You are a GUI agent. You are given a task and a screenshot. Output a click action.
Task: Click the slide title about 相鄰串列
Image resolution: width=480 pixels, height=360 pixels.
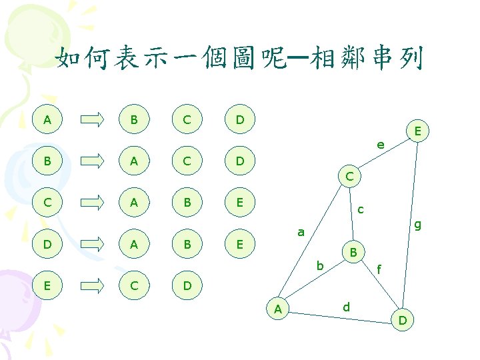[x=239, y=59]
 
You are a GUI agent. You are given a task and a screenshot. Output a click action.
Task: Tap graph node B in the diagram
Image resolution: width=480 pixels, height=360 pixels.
[x=354, y=252]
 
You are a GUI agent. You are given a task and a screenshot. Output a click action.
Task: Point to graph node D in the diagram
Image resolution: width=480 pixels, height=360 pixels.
[x=403, y=321]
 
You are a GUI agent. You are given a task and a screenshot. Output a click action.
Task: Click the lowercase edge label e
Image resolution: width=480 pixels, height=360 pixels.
[x=380, y=144]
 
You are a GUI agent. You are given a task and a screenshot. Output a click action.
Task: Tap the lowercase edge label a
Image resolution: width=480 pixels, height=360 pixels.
[x=301, y=233]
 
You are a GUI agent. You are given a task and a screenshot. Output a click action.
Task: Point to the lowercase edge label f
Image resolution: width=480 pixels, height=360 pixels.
[x=379, y=270]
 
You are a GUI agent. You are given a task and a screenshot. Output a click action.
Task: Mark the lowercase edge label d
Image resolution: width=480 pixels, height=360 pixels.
[x=346, y=307]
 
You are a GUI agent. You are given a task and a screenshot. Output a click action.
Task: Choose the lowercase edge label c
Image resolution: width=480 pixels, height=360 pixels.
[x=360, y=209]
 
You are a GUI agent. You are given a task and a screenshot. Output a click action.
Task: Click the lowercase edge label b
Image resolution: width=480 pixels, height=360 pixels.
[x=321, y=266]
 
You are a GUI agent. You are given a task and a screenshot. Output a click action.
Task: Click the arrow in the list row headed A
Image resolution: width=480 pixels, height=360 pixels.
[x=92, y=120]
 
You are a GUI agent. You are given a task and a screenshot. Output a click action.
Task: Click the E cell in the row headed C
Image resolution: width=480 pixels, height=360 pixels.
[x=239, y=203]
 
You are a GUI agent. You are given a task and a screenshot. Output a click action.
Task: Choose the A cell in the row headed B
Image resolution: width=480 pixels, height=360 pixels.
[x=135, y=161]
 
